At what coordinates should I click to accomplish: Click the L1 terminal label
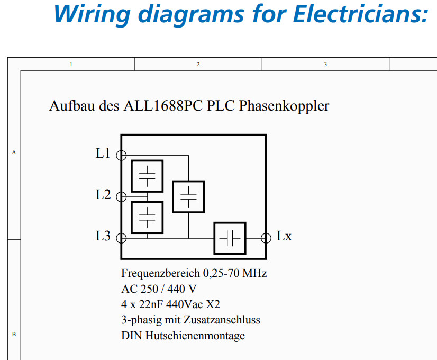(x=103, y=154)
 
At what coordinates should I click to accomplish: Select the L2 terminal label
(x=103, y=195)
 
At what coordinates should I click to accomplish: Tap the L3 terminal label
(x=103, y=236)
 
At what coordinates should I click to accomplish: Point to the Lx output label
(x=284, y=236)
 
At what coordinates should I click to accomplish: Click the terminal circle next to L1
(x=121, y=155)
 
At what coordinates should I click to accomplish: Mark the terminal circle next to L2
(x=121, y=196)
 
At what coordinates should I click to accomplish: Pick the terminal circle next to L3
(x=121, y=238)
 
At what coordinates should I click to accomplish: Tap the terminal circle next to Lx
(x=266, y=238)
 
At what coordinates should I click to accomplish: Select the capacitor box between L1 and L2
(x=147, y=176)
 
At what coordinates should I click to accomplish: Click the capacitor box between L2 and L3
(x=147, y=217)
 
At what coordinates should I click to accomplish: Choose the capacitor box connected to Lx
(x=230, y=238)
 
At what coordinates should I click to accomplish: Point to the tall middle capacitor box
(x=188, y=196)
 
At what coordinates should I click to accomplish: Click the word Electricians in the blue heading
(x=360, y=14)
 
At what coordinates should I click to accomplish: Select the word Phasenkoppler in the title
(x=284, y=106)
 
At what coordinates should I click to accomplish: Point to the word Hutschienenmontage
(x=195, y=336)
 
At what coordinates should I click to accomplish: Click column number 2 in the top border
(x=198, y=64)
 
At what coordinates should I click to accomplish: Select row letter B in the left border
(x=14, y=334)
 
